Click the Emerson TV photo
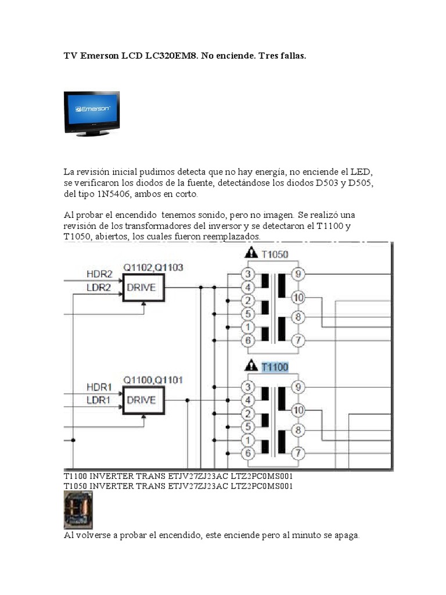92,113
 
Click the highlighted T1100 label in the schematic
275,367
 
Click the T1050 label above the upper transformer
275,254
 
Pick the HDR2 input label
99,274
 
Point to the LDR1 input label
99,400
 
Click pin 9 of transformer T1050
298,274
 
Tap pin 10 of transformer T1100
298,410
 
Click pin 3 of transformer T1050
248,274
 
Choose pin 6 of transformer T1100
248,453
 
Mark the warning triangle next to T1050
250,253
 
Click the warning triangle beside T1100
250,366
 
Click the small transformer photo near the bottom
78,510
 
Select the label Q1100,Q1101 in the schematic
153,380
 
